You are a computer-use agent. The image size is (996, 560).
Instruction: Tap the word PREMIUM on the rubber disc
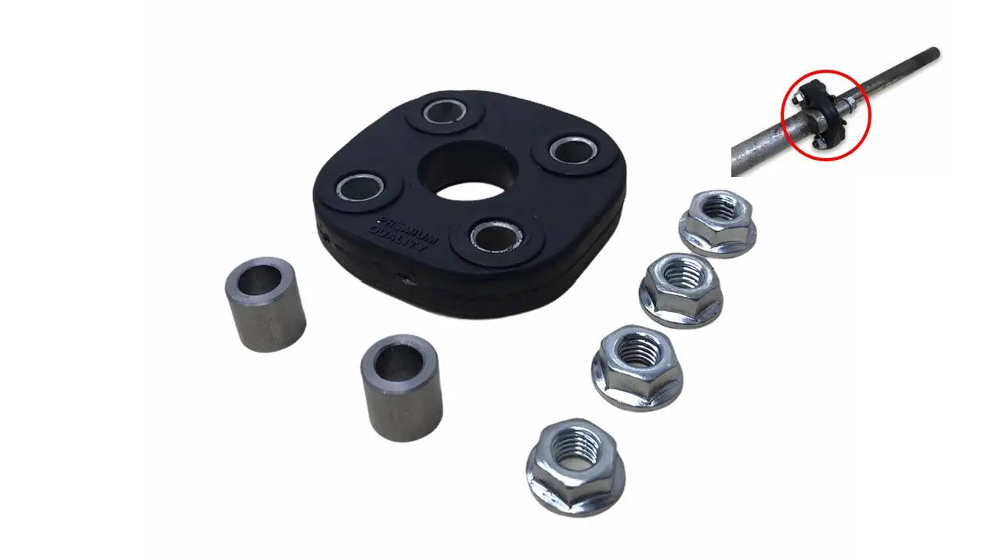tap(407, 230)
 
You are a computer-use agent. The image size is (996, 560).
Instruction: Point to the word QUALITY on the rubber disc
tap(398, 240)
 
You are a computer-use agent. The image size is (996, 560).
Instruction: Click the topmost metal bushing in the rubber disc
tap(445, 111)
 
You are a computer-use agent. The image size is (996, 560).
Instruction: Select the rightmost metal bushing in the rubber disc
tap(573, 150)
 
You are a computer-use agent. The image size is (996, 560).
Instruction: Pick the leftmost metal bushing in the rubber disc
tap(360, 188)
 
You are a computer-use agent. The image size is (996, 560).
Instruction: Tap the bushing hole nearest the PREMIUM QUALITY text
tap(496, 236)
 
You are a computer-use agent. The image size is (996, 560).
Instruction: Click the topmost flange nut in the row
tap(718, 223)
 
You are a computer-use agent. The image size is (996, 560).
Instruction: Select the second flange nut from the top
tap(680, 290)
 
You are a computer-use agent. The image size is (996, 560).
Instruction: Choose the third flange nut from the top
tap(637, 367)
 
